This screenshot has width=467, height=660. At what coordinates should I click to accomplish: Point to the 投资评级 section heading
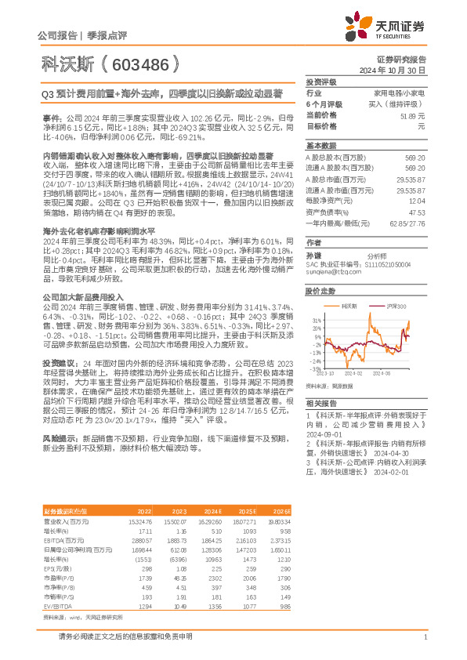point(320,82)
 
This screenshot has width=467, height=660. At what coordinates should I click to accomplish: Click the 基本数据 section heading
point(320,147)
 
